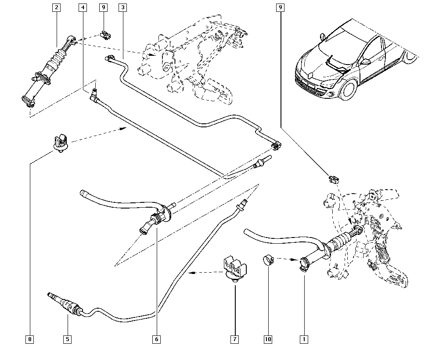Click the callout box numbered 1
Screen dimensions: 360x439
(303, 339)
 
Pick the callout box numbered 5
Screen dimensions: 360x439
(68, 339)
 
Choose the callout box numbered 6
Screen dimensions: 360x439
(157, 339)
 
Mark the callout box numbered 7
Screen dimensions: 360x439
(234, 339)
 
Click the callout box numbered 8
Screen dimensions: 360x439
(29, 339)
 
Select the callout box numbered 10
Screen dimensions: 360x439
(268, 339)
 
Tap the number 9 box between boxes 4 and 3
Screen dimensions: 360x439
(103, 7)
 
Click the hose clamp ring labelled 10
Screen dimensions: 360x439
(268, 260)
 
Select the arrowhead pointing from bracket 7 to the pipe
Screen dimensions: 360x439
(190, 273)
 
